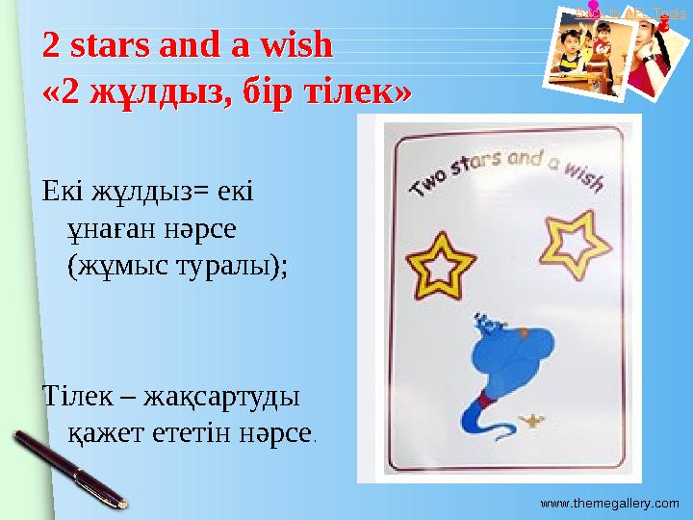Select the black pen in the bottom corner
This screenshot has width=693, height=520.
(68, 468)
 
